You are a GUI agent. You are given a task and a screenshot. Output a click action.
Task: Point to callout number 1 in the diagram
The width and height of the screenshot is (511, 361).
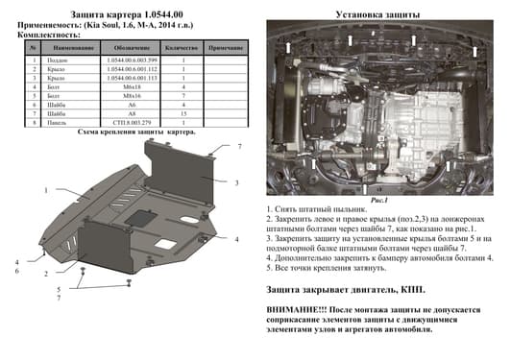click(x=45, y=190)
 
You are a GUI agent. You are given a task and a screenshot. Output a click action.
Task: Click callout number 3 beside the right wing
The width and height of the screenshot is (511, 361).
click(x=237, y=182)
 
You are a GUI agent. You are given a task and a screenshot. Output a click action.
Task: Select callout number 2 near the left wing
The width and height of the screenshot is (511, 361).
click(x=45, y=274)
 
